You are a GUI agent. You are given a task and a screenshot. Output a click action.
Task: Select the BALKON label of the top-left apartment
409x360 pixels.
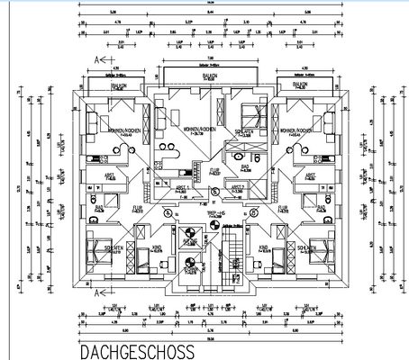point(117,85)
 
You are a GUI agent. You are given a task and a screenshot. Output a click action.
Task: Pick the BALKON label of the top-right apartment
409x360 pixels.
point(297,85)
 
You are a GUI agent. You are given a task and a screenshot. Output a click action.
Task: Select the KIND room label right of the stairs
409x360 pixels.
point(264,247)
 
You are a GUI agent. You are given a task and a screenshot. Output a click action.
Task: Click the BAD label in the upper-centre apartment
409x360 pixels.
point(244,166)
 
